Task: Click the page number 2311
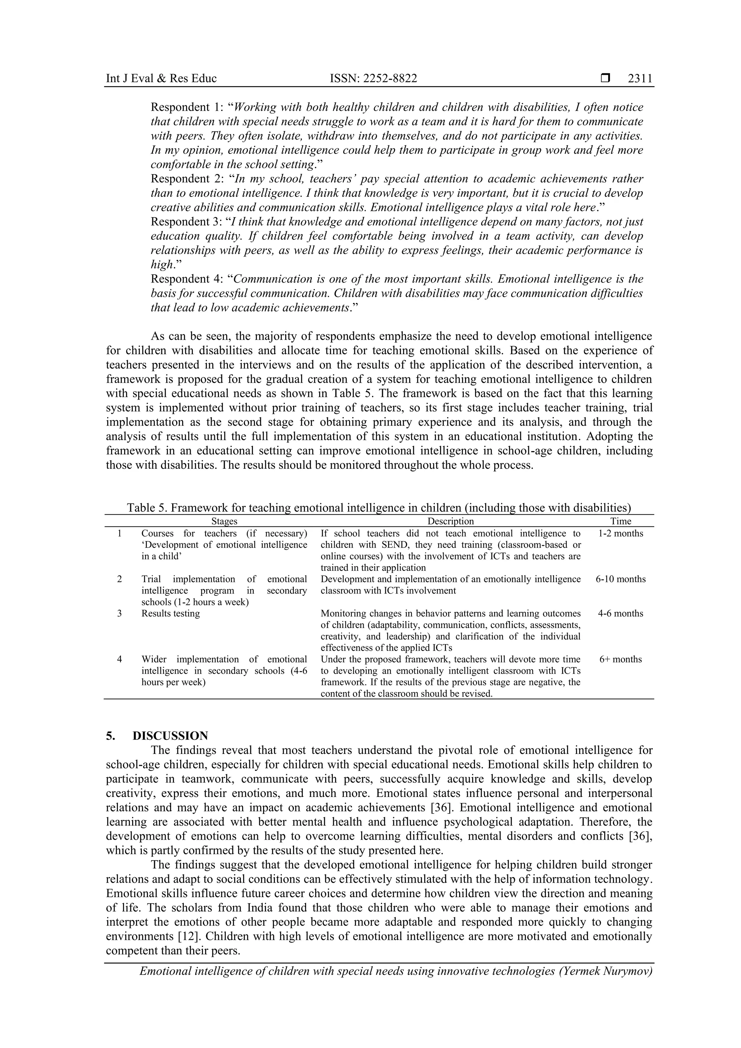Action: pos(640,79)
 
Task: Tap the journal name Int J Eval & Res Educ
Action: pos(161,79)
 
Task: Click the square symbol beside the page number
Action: pos(605,79)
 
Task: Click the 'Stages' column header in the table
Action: pos(224,521)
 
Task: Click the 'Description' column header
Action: pos(450,521)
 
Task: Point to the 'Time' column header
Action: pos(621,521)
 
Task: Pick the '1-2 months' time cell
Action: pos(621,534)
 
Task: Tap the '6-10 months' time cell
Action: pos(621,579)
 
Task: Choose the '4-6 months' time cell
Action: pos(621,614)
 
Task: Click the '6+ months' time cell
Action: pos(621,659)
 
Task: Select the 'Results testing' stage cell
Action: pos(170,614)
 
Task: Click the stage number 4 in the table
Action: pos(120,659)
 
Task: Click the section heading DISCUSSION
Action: pos(170,736)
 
